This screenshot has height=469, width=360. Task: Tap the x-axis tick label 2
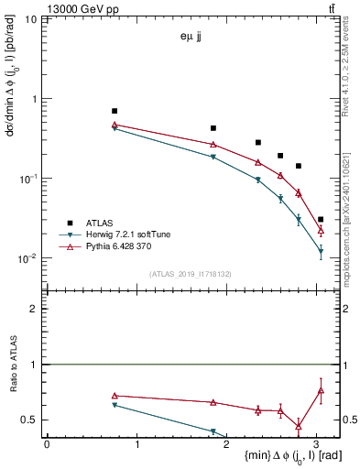pos(226,443)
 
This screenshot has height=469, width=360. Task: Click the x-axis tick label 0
pos(47,443)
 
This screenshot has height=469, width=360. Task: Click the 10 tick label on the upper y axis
pos(31,19)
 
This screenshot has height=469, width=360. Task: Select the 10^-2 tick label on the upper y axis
pos(27,258)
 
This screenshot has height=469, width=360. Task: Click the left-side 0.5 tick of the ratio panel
pos(32,420)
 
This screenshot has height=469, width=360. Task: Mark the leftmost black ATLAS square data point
pos(115,111)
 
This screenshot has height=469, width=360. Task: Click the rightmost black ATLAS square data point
pos(321,220)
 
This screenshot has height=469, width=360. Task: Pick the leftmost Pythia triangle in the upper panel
pos(115,125)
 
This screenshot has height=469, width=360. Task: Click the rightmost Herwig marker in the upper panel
pos(321,250)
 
